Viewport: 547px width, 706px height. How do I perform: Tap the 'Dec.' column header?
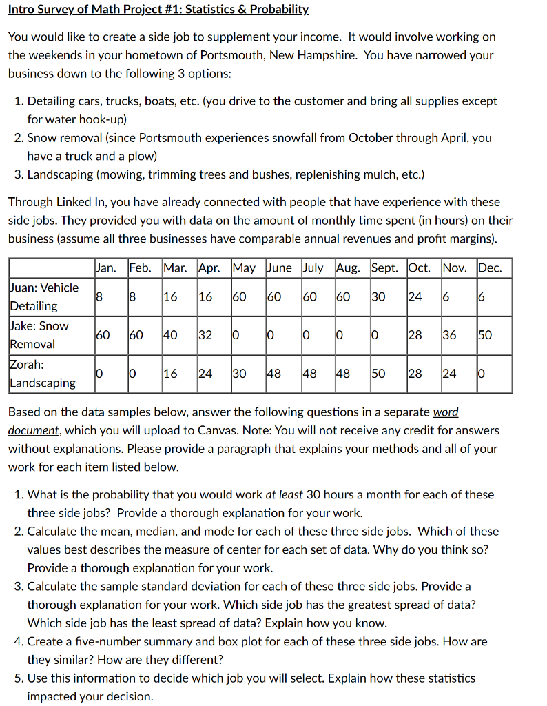pyautogui.click(x=491, y=268)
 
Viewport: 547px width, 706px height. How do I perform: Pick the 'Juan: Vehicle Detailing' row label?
pyautogui.click(x=44, y=296)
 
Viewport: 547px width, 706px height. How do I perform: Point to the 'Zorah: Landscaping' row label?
pyautogui.click(x=42, y=373)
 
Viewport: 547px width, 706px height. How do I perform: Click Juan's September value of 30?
pyautogui.click(x=378, y=296)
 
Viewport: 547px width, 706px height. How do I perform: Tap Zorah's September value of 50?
pyautogui.click(x=378, y=374)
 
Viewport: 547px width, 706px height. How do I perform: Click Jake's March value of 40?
pyautogui.click(x=170, y=335)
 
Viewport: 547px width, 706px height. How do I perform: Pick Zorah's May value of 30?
pyautogui.click(x=239, y=374)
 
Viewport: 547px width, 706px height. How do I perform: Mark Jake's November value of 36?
pyautogui.click(x=449, y=335)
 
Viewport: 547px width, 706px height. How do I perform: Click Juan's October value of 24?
pyautogui.click(x=414, y=296)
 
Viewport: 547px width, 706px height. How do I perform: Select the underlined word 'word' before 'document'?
pyautogui.click(x=445, y=412)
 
